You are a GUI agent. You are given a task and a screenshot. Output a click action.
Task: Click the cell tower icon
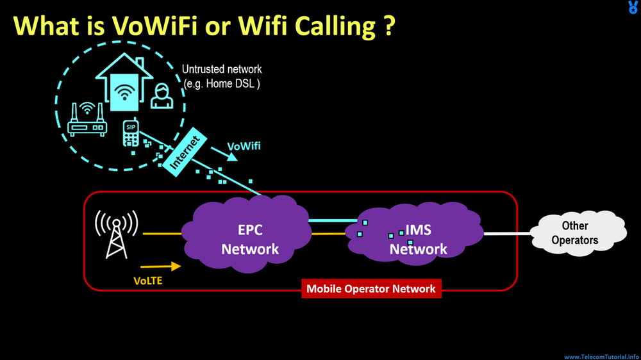point(117,234)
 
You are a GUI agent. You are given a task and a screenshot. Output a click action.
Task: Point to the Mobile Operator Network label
point(370,289)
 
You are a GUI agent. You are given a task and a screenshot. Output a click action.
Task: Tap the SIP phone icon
point(131,133)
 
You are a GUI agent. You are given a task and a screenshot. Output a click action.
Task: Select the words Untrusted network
point(222,69)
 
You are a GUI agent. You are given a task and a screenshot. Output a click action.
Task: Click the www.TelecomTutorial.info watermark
point(601,356)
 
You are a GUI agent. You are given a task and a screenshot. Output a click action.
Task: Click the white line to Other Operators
point(508,234)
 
